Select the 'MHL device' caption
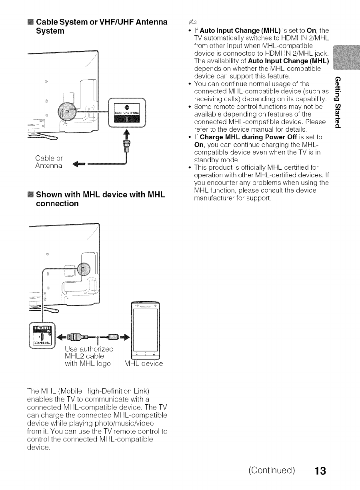pos(144,364)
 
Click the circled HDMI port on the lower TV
pos(85,268)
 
